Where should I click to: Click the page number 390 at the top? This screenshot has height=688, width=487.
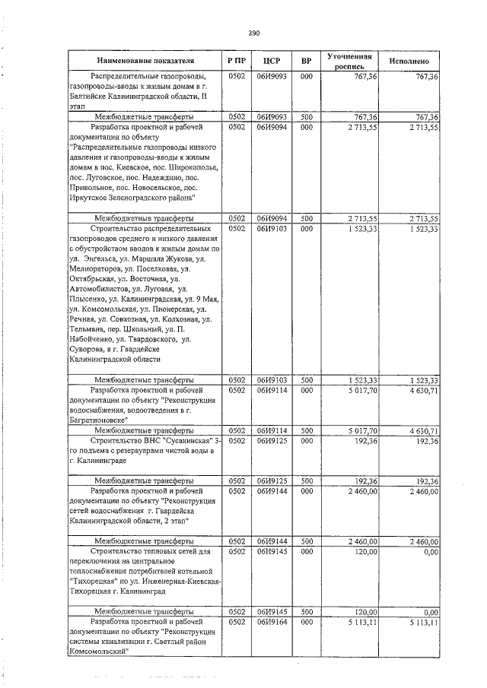[254, 33]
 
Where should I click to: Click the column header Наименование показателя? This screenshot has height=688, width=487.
[145, 60]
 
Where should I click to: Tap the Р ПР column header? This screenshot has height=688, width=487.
[236, 60]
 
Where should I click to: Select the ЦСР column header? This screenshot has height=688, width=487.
[272, 60]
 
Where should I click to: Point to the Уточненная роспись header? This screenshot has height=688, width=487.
[349, 61]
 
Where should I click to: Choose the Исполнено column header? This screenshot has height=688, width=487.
[409, 60]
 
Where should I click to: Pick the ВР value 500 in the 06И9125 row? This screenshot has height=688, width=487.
[306, 481]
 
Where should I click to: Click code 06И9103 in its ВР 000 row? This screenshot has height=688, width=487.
[272, 228]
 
